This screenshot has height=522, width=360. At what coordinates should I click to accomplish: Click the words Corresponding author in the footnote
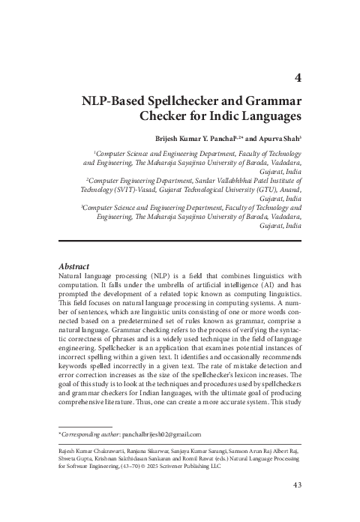click(96, 434)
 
